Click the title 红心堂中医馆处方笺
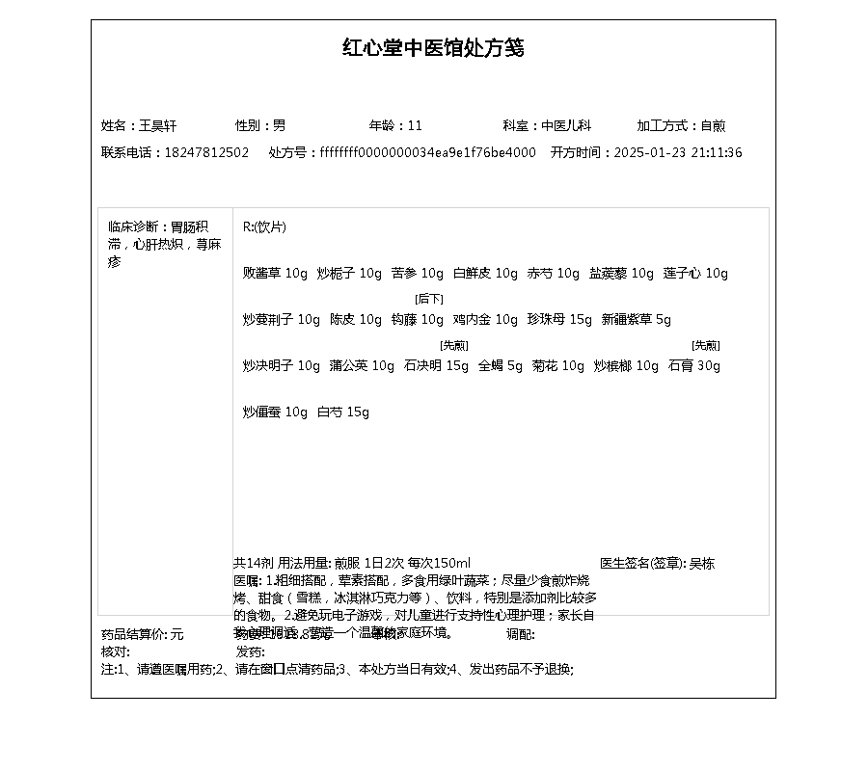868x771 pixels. coord(433,48)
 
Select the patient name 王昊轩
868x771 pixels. coord(158,125)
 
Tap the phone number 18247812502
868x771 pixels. coord(206,152)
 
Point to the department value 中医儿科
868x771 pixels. coord(566,125)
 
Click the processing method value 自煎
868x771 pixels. coord(713,125)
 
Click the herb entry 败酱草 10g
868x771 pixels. coord(275,273)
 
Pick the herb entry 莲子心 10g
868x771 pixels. coord(695,273)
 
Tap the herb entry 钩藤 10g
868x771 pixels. coord(418,319)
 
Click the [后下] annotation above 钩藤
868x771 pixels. coord(429,299)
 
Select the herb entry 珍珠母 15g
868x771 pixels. coord(559,319)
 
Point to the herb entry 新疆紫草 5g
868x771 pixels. coord(637,319)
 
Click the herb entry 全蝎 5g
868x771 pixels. coord(501,365)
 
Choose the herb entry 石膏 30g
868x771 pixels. coord(694,365)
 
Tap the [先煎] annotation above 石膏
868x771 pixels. coord(706,345)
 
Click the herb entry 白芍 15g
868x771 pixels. coord(343,412)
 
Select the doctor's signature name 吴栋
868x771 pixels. coord(702,563)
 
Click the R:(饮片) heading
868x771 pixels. coord(264,226)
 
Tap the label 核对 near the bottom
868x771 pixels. coord(115,651)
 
